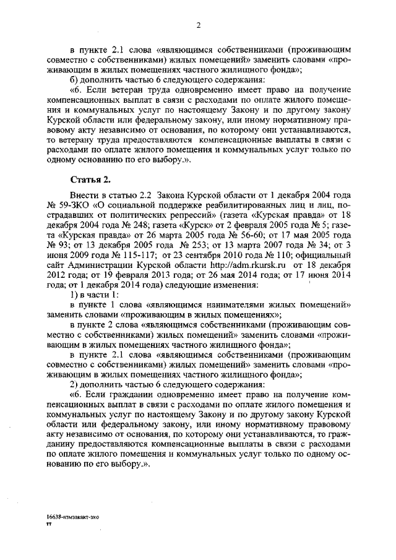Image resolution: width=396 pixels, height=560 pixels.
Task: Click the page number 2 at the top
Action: (198, 25)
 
